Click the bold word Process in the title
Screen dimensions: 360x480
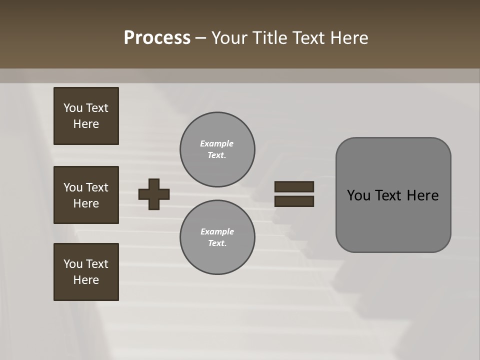click(157, 38)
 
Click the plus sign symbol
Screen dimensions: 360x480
click(154, 194)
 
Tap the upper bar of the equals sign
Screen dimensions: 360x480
click(294, 186)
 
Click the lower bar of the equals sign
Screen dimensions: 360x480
click(294, 201)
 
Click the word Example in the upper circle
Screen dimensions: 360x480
click(217, 143)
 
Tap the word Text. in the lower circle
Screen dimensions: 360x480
click(217, 243)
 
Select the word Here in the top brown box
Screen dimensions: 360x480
click(86, 124)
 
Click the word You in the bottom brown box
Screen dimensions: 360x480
click(73, 263)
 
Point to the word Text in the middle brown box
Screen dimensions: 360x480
click(97, 187)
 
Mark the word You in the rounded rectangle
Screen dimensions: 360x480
click(358, 195)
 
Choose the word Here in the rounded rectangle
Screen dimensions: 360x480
click(422, 195)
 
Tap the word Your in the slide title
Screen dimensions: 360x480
click(229, 38)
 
